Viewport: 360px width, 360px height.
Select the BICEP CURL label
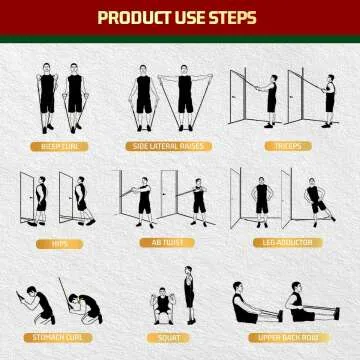60,146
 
